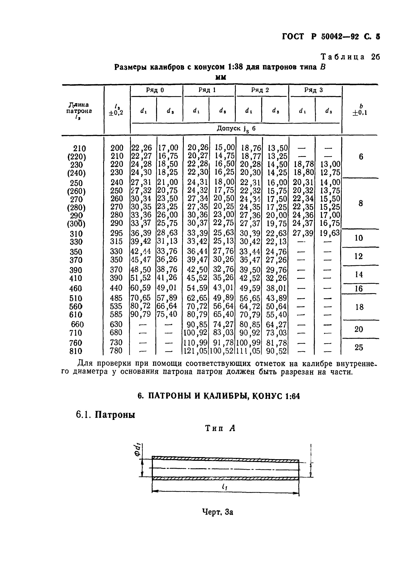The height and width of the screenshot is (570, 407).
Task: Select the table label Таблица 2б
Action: [x=350, y=57]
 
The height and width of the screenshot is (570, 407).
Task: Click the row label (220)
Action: [x=77, y=157]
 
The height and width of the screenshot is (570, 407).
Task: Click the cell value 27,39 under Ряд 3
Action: [x=303, y=233]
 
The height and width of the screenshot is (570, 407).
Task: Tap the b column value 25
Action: [x=359, y=347]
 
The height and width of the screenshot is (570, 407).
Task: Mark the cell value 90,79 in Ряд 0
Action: [x=141, y=314]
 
